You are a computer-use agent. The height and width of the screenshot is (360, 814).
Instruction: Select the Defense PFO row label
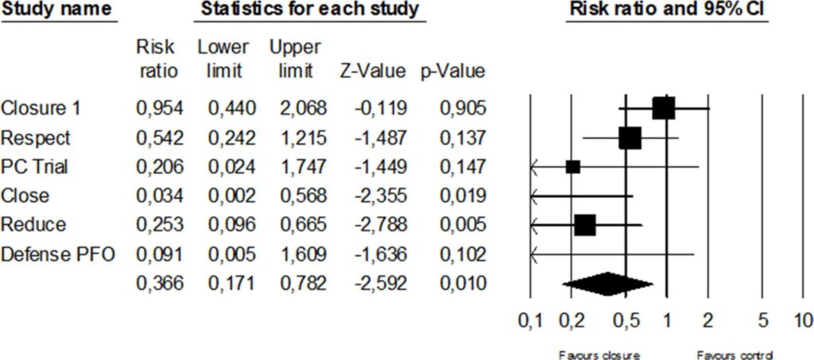57,254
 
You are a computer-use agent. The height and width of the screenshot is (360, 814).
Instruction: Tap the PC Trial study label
34,167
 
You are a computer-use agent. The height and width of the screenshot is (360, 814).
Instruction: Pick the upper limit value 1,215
298,138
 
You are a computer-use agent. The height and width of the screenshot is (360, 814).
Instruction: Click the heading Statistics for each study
310,10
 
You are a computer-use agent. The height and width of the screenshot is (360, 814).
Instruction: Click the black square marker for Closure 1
664,108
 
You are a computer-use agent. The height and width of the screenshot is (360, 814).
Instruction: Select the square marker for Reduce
585,226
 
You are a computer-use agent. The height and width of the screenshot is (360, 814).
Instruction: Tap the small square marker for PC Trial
573,167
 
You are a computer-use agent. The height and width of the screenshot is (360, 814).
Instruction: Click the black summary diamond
607,284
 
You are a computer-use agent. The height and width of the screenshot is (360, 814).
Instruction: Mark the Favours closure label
599,354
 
